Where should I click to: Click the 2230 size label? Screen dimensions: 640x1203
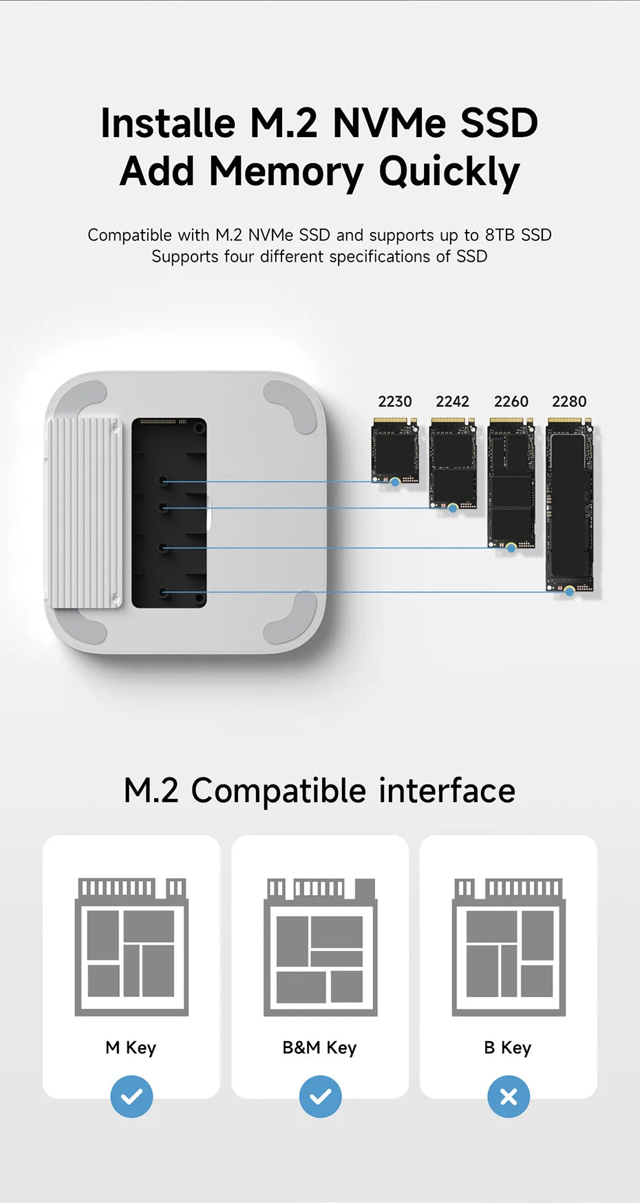[x=395, y=401]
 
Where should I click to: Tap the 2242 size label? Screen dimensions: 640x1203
[x=452, y=401]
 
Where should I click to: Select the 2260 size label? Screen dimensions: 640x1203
[x=511, y=401]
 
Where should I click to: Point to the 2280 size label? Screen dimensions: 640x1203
[x=569, y=401]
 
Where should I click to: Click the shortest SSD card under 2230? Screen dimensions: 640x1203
[x=395, y=450]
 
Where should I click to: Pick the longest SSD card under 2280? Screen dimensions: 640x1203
[x=569, y=505]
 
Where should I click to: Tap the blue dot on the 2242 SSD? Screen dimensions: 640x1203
[x=453, y=508]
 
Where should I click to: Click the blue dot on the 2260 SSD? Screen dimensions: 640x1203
[x=511, y=548]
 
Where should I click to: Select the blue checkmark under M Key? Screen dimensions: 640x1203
[x=131, y=1096]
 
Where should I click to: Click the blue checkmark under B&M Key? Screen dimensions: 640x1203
[x=320, y=1096]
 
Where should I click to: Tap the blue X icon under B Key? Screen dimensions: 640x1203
[x=509, y=1096]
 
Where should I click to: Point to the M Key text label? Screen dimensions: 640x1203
[x=131, y=1048]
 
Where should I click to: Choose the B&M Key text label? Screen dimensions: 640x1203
[x=319, y=1048]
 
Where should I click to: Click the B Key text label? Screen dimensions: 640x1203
[x=508, y=1048]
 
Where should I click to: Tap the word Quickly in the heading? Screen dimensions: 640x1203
[x=449, y=172]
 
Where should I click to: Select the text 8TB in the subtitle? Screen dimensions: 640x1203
[x=500, y=235]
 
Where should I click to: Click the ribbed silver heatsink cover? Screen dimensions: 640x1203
[x=83, y=513]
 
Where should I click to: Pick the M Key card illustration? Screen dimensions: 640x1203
[x=131, y=947]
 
